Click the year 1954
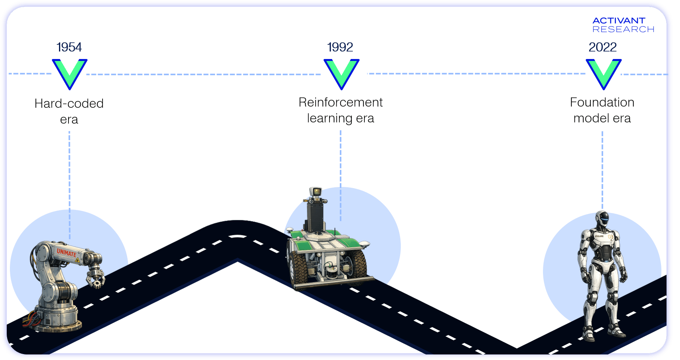[69, 47]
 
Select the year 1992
[340, 47]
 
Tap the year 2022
[602, 47]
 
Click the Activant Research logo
[623, 25]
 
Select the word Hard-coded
[69, 103]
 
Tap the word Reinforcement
[341, 102]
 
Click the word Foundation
[602, 102]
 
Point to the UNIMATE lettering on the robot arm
[66, 252]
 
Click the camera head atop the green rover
[316, 192]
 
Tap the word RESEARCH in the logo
[623, 29]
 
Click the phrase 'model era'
[602, 118]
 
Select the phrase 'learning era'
[341, 118]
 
